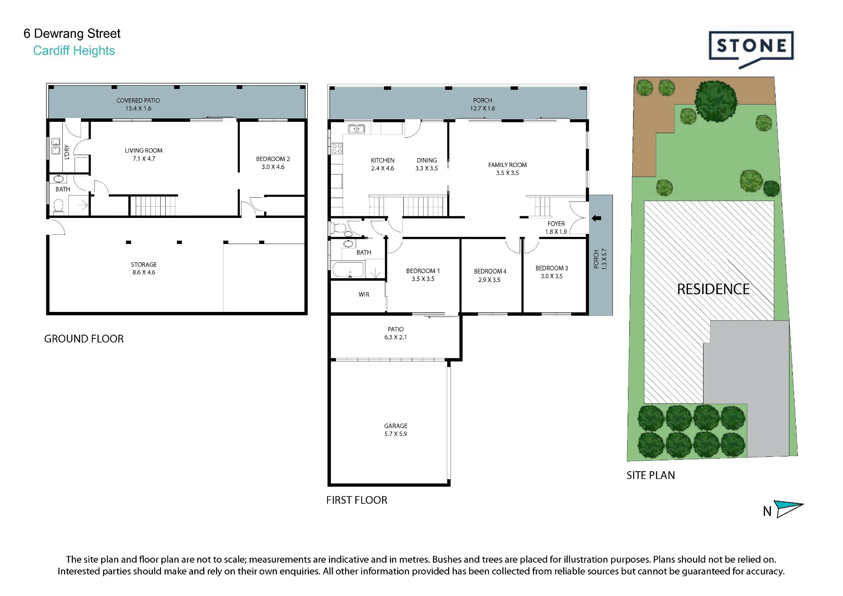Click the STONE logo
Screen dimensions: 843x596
point(751,49)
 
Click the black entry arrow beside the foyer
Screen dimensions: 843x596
point(596,218)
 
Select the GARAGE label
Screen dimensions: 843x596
point(395,426)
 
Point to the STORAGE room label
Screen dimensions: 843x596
point(144,265)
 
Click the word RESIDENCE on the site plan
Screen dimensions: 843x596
point(713,289)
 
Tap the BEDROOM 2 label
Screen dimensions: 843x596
point(273,159)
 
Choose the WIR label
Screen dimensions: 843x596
point(364,295)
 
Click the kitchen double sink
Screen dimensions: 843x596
point(356,129)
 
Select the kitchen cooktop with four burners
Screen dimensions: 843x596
point(337,148)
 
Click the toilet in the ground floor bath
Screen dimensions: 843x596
point(58,206)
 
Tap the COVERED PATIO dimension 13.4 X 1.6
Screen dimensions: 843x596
point(138,108)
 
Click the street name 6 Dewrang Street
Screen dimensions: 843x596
point(72,33)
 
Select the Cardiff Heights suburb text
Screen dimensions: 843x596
point(74,51)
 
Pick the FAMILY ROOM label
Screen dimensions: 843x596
point(507,165)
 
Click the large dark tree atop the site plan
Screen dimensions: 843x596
point(716,101)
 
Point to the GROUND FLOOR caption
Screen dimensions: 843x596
point(84,339)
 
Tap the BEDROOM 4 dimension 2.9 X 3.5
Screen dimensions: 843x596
point(489,280)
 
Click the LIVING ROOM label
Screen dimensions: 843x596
point(143,150)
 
